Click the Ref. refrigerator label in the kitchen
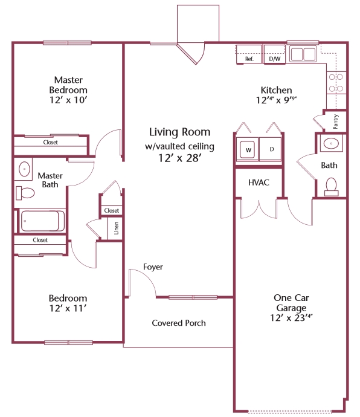(249, 59)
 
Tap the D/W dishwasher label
(275, 59)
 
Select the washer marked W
(248, 150)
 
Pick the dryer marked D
(271, 149)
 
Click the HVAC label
(259, 183)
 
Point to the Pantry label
(336, 121)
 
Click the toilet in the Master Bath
(25, 193)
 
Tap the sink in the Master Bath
(24, 169)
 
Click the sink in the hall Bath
(331, 143)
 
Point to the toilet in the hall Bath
(331, 187)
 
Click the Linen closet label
(116, 228)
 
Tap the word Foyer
(153, 267)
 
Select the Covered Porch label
(179, 323)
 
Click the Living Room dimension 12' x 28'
(179, 158)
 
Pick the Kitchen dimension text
(276, 100)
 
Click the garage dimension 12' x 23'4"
(291, 318)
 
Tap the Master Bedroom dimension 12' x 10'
(68, 100)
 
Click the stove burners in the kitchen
(336, 83)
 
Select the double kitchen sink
(303, 54)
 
